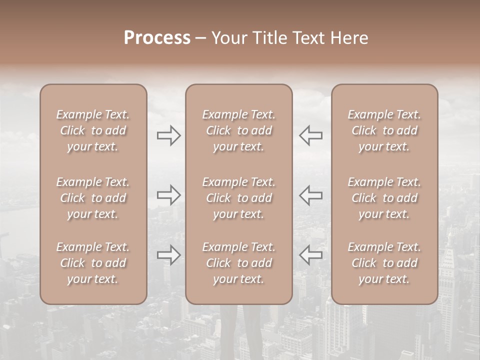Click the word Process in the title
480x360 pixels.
pos(157,38)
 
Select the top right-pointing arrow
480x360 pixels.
pos(169,135)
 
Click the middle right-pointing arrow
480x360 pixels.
pos(169,195)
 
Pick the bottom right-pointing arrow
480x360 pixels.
pos(169,255)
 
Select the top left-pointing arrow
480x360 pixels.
pos(311,135)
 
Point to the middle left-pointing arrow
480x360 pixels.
pos(311,195)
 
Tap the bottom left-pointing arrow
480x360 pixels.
pos(311,255)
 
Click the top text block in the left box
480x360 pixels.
pos(93,130)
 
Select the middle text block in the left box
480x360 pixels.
pos(93,198)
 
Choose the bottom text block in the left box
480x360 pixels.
pos(93,263)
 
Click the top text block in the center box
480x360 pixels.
pos(239,130)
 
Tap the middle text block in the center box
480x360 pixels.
pos(239,198)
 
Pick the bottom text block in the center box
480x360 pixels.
pos(239,263)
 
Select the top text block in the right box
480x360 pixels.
pos(384,130)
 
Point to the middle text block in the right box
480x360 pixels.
pos(384,198)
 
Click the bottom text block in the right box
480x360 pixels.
pos(384,263)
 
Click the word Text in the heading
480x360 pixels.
pos(310,38)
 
